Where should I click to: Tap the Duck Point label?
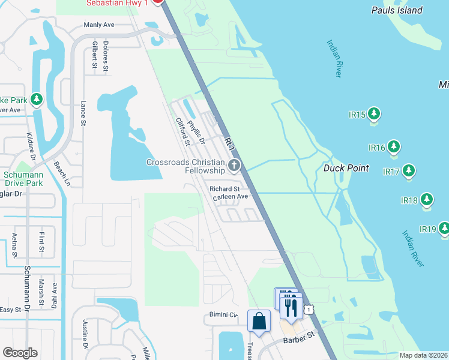[x=346, y=169]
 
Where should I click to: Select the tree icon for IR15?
[x=374, y=113]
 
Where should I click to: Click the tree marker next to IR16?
[x=394, y=146]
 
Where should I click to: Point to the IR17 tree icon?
[x=409, y=170]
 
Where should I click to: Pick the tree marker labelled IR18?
[x=427, y=199]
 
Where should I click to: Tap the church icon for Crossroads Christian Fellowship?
[x=234, y=165]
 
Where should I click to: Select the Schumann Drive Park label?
[x=23, y=179]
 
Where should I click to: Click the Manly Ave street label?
[x=99, y=26]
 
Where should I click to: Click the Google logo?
[x=20, y=353]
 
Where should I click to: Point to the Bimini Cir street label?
[x=224, y=314]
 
